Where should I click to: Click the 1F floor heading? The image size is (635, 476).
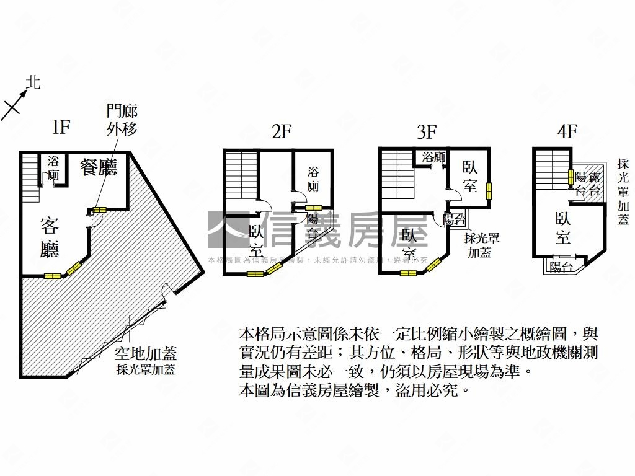click(60, 128)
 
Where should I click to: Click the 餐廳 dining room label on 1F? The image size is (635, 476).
click(99, 167)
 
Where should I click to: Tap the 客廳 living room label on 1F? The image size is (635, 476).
click(50, 237)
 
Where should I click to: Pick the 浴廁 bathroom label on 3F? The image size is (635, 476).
click(433, 157)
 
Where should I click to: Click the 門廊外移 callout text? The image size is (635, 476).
click(122, 120)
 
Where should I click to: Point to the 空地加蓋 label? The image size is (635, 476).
click(146, 354)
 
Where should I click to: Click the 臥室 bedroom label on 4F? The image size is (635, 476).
click(563, 227)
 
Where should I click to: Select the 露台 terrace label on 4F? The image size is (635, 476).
click(594, 184)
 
